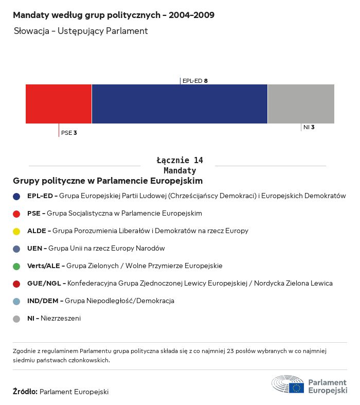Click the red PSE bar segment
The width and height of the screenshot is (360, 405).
(59, 104)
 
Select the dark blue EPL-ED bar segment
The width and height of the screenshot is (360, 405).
(179, 104)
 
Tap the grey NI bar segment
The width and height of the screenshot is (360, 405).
(301, 104)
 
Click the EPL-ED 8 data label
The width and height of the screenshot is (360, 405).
(195, 81)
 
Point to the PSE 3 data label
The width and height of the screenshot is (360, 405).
(69, 133)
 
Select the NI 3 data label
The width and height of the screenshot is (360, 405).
(309, 127)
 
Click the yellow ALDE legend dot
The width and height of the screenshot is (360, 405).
(16, 231)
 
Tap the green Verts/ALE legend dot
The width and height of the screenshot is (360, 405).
(16, 266)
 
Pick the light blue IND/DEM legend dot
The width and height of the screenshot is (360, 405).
(16, 301)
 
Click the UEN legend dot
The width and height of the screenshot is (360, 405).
(16, 249)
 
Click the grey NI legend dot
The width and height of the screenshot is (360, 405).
(16, 319)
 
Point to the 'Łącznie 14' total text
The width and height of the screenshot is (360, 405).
(179, 161)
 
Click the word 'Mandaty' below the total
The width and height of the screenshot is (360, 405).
(179, 170)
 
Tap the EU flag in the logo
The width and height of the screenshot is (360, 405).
(296, 388)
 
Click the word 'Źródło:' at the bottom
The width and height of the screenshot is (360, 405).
(25, 392)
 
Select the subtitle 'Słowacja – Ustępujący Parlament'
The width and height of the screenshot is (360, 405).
(81, 31)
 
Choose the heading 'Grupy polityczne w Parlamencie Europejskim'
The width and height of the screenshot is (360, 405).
(107, 181)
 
